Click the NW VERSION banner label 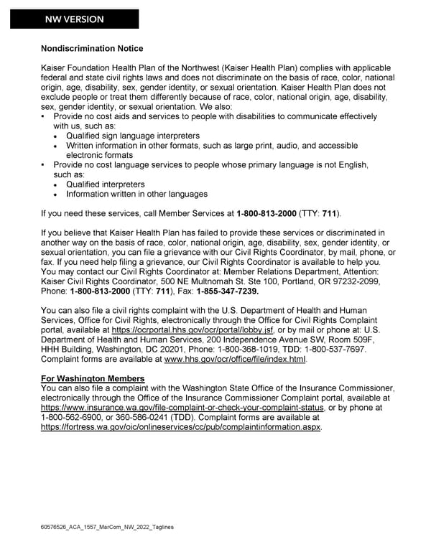(74, 19)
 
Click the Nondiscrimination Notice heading (92, 49)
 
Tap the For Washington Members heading (93, 378)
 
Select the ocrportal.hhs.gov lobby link (193, 329)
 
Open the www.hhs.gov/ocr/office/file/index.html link (236, 358)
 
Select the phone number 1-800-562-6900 (74, 417)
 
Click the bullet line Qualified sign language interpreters (133, 136)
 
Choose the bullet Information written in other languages (136, 194)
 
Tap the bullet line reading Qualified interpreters (105, 184)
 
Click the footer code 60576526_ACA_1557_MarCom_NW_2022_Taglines (107, 528)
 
